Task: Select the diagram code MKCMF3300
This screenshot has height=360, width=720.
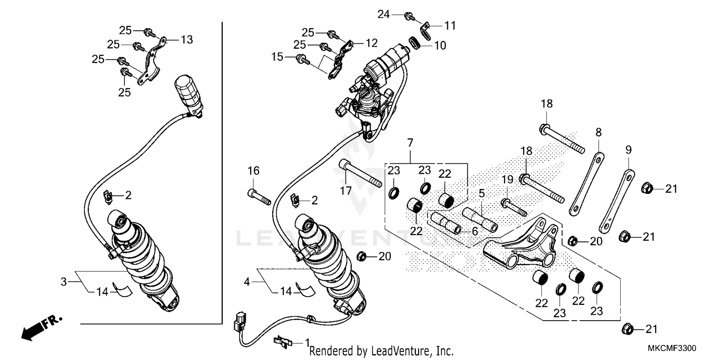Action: click(673, 348)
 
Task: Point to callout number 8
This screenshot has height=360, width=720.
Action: click(599, 132)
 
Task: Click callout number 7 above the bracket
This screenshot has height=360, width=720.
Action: click(410, 143)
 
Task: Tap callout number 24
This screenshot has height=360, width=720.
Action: click(383, 14)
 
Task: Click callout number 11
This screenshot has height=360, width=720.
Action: click(450, 25)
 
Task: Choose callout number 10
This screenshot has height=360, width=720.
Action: click(440, 46)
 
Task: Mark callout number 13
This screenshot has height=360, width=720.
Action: click(187, 39)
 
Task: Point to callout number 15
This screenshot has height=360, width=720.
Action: click(277, 57)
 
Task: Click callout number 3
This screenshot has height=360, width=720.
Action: click(63, 281)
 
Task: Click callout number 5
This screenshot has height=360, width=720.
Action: click(481, 194)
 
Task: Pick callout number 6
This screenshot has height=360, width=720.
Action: click(474, 231)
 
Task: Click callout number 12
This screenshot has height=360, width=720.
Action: click(372, 43)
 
